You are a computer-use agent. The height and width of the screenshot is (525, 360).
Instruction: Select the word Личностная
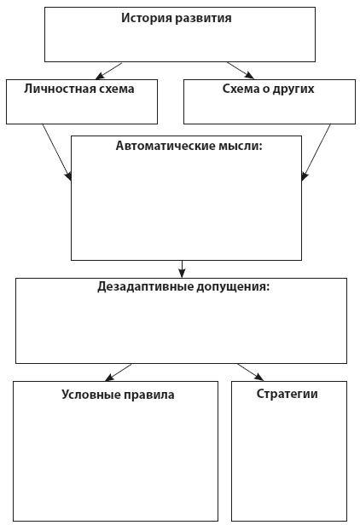click(61, 88)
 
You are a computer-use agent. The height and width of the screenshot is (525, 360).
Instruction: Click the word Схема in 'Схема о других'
click(223, 88)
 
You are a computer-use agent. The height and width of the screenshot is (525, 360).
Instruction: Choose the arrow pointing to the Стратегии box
click(251, 372)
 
